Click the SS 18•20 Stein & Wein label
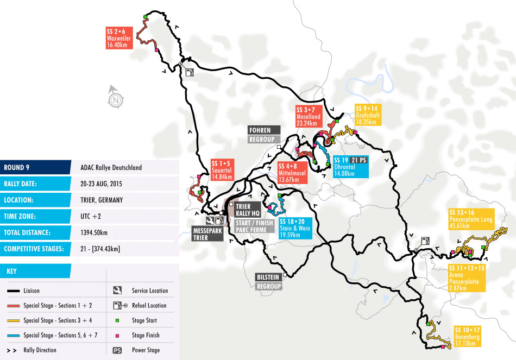[295, 228]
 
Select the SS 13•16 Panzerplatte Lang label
[471, 219]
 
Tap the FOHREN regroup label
[263, 135]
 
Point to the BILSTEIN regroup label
[269, 281]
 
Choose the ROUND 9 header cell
[35, 167]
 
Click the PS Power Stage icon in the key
[117, 350]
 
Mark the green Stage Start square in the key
[117, 320]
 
